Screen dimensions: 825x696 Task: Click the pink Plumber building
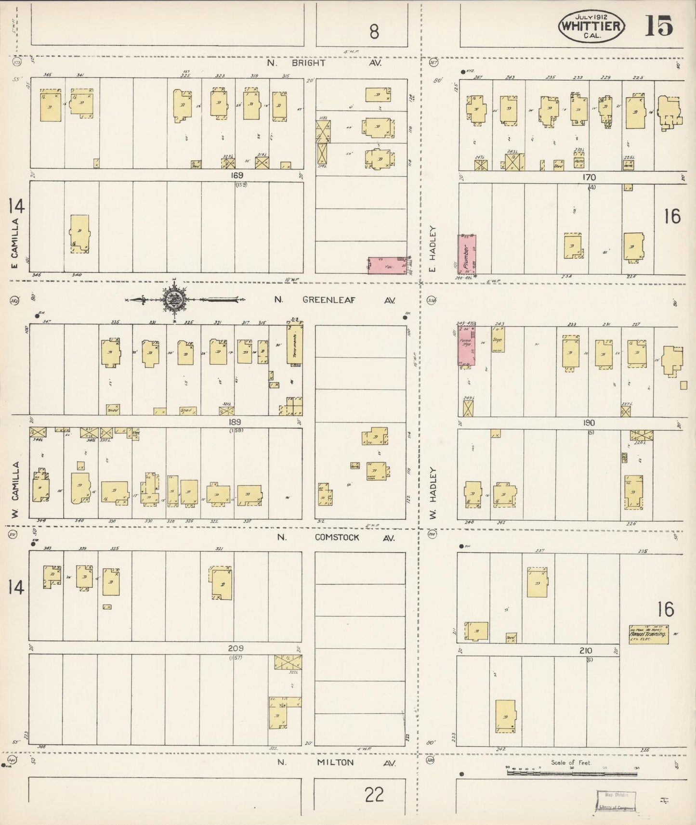tap(467, 255)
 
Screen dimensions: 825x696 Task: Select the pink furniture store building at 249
tap(466, 345)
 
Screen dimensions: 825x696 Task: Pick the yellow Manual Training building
tap(648, 634)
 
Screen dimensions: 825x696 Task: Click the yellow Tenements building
tap(295, 344)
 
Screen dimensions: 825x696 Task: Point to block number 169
tap(237, 176)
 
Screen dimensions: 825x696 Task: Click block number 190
tap(589, 423)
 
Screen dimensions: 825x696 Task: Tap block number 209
tap(236, 648)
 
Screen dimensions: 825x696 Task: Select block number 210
tap(586, 651)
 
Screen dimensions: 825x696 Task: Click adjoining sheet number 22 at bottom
tap(374, 795)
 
